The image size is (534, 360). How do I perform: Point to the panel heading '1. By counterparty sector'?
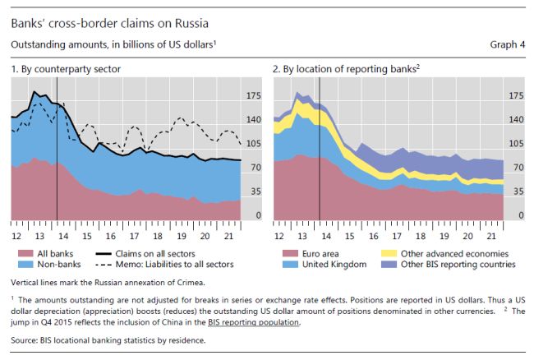coord(66,69)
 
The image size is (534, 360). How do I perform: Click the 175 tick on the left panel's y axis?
coord(254,96)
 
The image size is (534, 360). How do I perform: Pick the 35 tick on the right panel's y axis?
coord(516,192)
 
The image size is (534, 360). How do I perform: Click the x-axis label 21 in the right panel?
coord(490,235)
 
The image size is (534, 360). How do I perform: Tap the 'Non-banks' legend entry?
coord(54,265)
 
